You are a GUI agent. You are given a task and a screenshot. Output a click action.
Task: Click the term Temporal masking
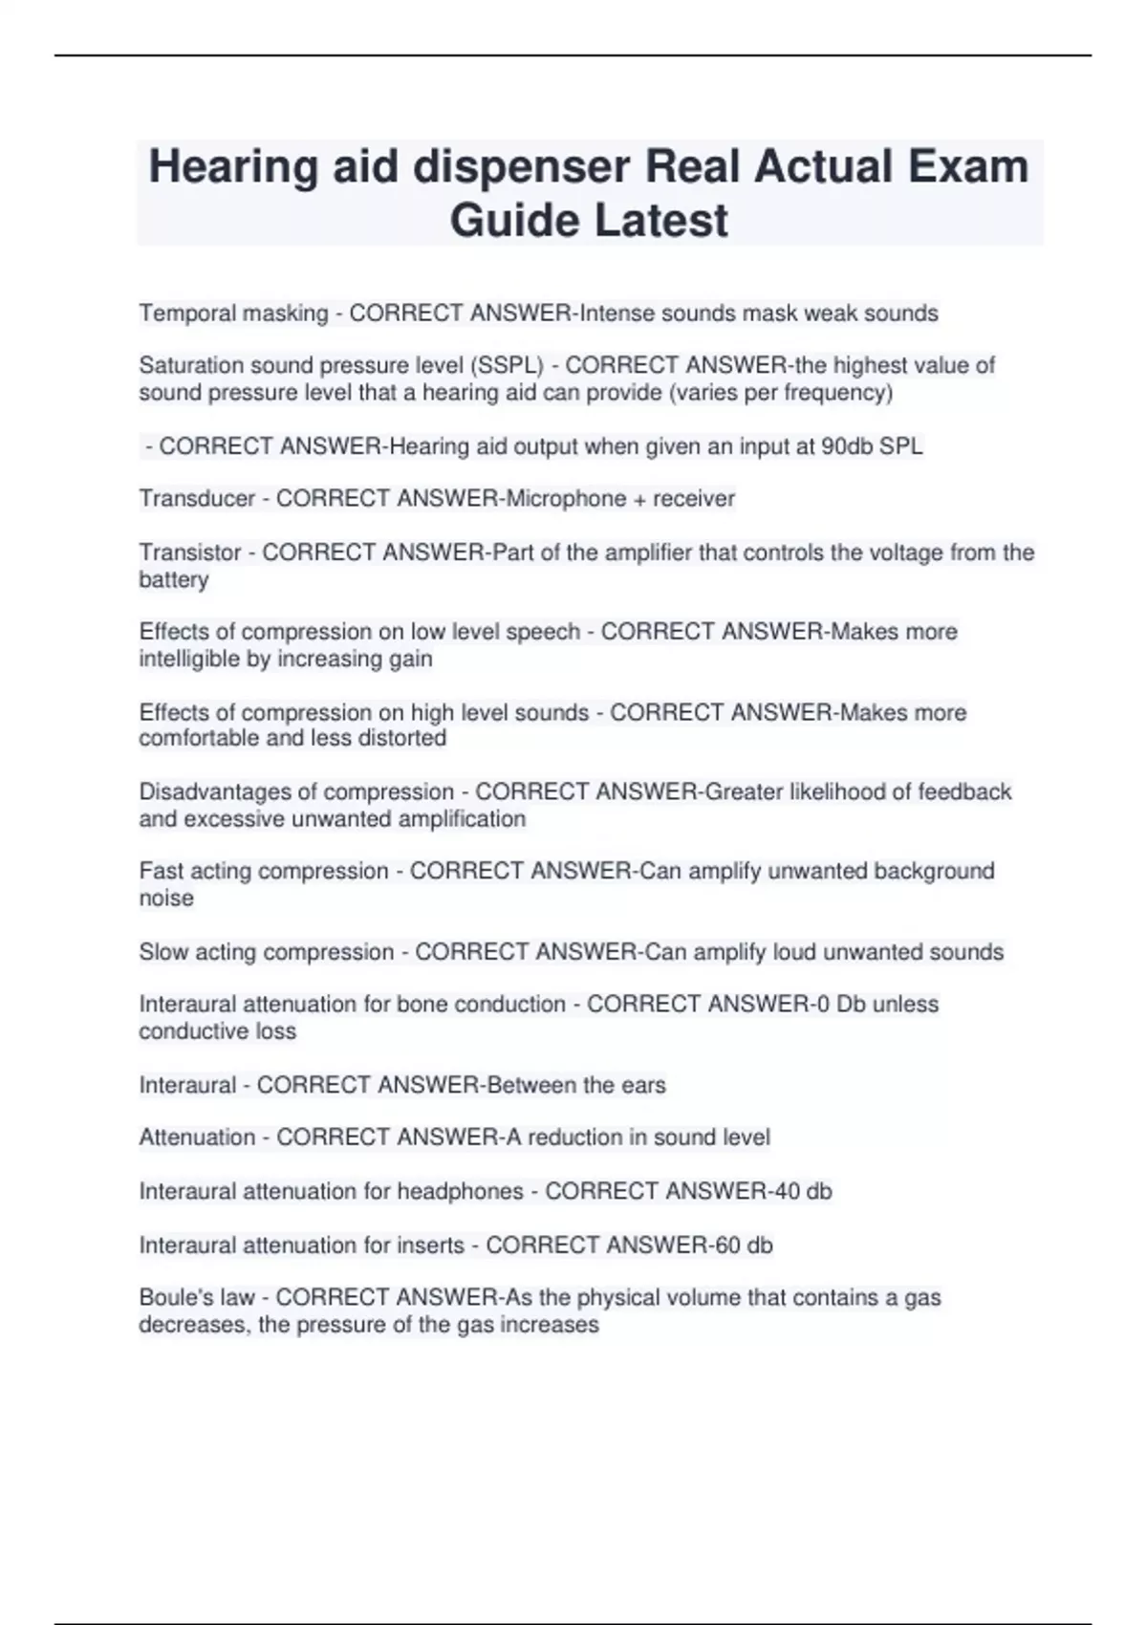pyautogui.click(x=233, y=314)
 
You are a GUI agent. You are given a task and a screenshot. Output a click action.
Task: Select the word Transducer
pyautogui.click(x=197, y=498)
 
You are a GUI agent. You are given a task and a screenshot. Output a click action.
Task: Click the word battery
pyautogui.click(x=173, y=579)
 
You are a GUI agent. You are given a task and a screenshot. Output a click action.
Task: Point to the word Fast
pyautogui.click(x=160, y=871)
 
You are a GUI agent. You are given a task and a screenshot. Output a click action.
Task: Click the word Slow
pyautogui.click(x=162, y=952)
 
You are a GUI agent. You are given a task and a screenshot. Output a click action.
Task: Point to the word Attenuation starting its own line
pyautogui.click(x=197, y=1137)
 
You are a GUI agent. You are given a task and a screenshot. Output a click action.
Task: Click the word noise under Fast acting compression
pyautogui.click(x=166, y=898)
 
